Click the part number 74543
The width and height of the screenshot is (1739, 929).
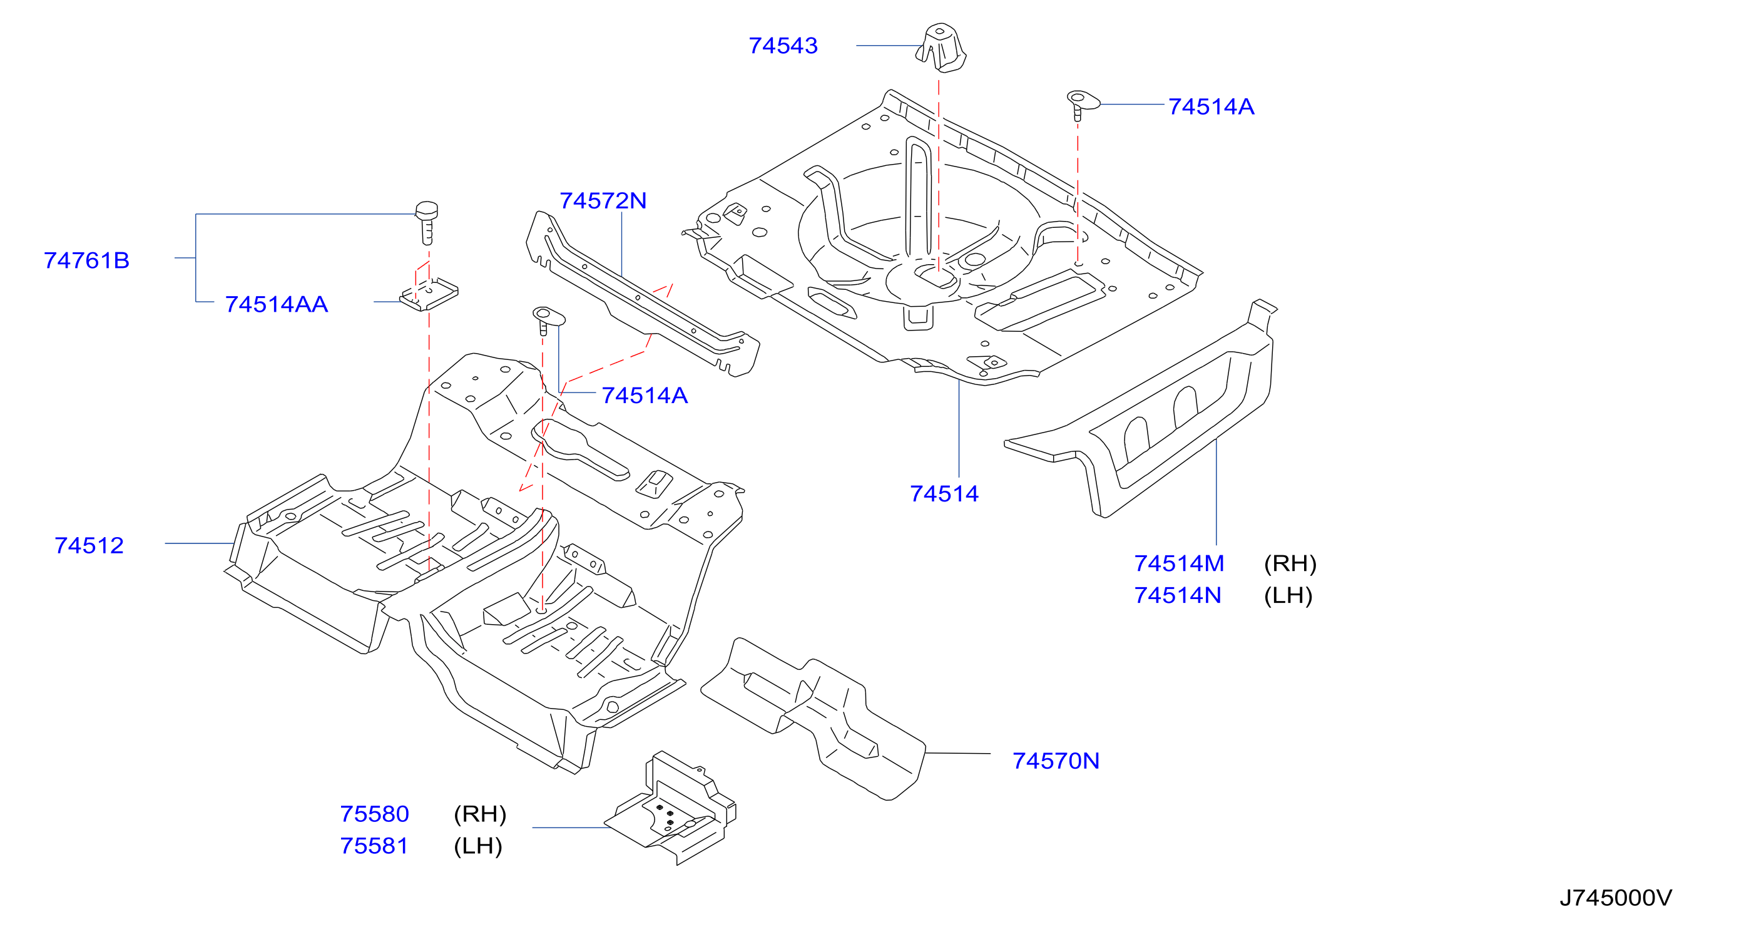[x=783, y=46]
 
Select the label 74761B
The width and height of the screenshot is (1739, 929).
[x=86, y=260]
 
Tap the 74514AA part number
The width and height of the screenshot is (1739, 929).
[x=277, y=304]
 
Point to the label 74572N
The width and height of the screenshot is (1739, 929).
[x=603, y=200]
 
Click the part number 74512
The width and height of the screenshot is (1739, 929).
[x=89, y=545]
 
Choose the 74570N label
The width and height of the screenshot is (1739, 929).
[x=1056, y=761]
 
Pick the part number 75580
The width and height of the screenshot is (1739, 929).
[x=375, y=814]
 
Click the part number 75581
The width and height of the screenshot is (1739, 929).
[x=375, y=846]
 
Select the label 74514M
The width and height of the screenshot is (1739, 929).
[x=1179, y=563]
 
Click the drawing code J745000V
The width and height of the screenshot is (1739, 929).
[x=1616, y=898]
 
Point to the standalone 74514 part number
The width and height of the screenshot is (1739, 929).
[x=944, y=494]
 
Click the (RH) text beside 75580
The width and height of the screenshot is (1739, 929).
[x=480, y=814]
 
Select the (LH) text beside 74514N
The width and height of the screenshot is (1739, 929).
[x=1288, y=595]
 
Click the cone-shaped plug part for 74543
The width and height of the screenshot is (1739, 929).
[x=941, y=47]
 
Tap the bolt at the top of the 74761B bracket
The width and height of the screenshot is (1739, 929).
[x=427, y=223]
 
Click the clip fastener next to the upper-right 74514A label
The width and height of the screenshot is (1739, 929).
[x=1081, y=104]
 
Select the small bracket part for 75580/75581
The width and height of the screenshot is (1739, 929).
[x=670, y=808]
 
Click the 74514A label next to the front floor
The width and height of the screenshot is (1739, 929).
[x=645, y=396]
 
